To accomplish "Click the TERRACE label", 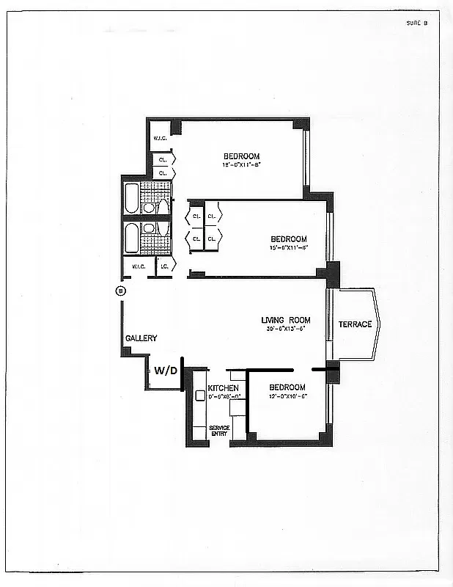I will point(355,324).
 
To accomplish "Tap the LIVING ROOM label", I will point(286,320).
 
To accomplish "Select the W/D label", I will point(166,371).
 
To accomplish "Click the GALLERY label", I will point(141,338).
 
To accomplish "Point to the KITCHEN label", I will point(223,387).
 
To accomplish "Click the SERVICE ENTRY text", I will point(219,431).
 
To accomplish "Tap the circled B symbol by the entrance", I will point(120,291).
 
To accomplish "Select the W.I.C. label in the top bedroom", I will point(160,139).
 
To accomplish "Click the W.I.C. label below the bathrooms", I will point(139,266).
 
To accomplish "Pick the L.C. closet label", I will point(165,266).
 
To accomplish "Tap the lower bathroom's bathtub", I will point(132,238).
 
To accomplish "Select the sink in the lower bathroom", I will point(149,228).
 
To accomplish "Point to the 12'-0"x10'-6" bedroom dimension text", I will point(287,396).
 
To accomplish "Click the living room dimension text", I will point(286,329).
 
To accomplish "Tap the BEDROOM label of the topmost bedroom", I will point(241,156).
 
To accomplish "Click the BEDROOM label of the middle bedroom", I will point(289,239).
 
